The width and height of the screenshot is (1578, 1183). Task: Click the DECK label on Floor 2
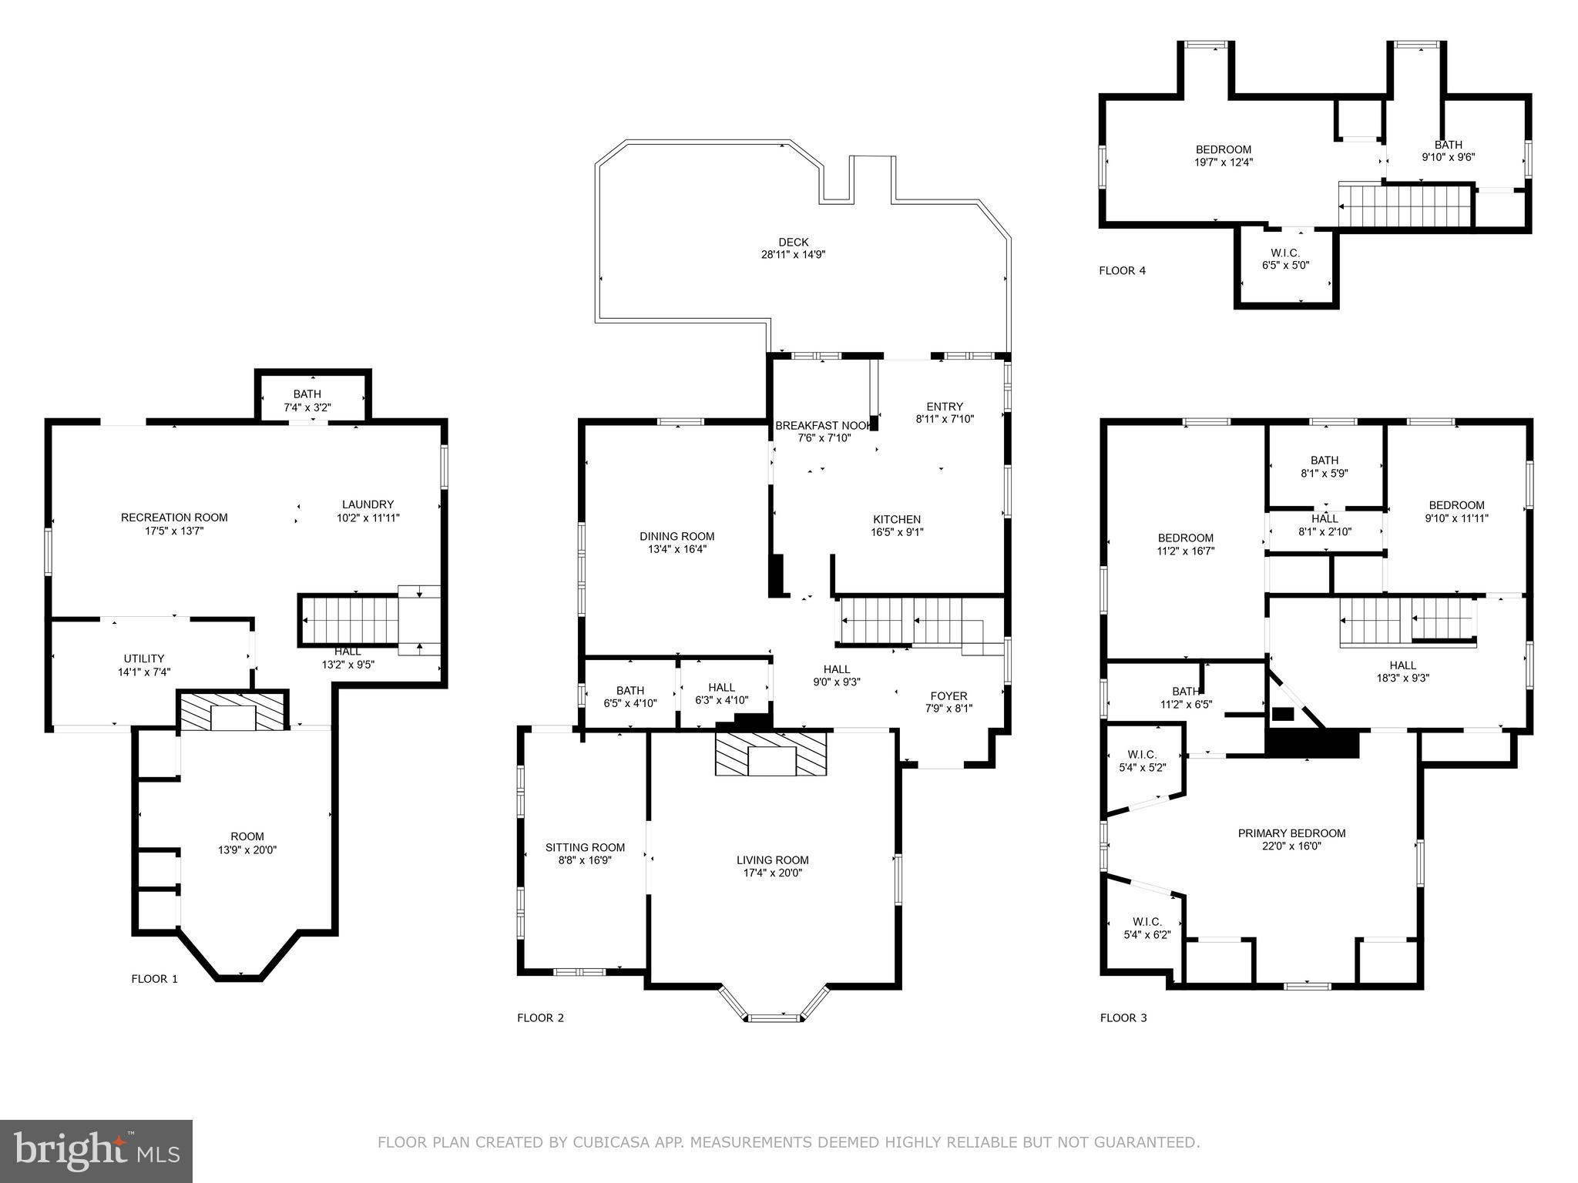[x=793, y=242]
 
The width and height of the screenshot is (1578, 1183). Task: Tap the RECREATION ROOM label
[x=174, y=517]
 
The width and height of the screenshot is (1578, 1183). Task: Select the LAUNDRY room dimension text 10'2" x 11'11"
[x=368, y=518]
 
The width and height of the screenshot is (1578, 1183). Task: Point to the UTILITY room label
[x=144, y=658]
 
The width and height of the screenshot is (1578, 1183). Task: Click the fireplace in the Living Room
[x=771, y=754]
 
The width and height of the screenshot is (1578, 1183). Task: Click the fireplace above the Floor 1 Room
[x=233, y=711]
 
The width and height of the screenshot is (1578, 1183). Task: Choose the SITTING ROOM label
[x=585, y=847]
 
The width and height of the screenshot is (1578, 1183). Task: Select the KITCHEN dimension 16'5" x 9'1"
[x=897, y=531]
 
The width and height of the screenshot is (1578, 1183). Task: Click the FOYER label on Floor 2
[x=948, y=695]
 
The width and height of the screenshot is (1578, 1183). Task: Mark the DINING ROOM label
[x=677, y=536]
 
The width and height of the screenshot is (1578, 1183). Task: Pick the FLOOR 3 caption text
[x=1123, y=1017]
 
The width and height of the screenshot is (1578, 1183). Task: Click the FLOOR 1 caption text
[x=154, y=979]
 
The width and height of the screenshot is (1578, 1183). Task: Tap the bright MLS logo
[x=96, y=1151]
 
